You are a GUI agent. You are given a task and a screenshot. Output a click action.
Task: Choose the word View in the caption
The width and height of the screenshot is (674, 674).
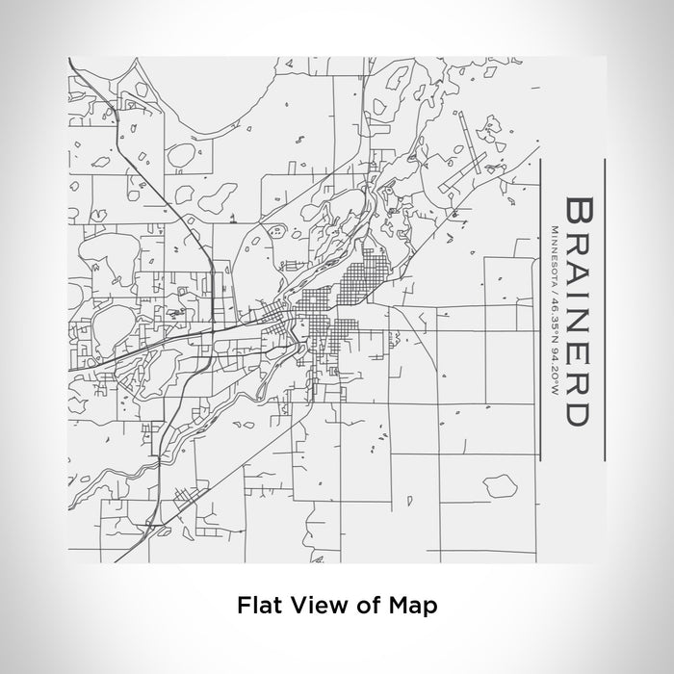310,606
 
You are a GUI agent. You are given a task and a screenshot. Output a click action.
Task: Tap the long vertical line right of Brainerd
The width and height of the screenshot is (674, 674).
602,308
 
